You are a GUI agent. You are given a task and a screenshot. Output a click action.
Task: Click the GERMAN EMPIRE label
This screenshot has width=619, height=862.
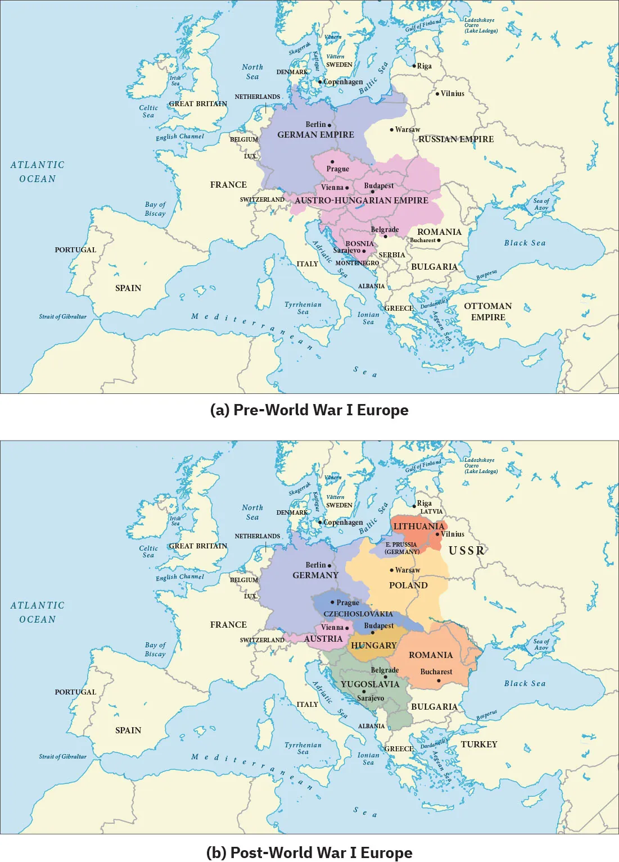tap(315, 135)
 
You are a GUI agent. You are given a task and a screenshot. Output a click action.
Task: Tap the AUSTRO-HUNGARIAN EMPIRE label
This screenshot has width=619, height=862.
tap(362, 201)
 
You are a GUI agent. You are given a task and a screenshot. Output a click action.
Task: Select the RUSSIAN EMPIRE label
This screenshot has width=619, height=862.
tap(456, 139)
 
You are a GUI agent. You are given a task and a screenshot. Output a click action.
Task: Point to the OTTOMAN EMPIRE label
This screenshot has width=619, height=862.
tap(488, 312)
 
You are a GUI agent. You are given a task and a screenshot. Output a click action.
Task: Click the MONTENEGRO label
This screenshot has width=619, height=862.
tap(357, 263)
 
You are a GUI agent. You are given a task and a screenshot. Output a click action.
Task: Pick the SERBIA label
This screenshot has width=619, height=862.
tap(392, 255)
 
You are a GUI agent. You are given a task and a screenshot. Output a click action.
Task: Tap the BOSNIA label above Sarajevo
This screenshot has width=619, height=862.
tap(359, 244)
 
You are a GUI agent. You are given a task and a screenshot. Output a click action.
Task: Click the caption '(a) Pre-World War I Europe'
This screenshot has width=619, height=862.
tap(309, 410)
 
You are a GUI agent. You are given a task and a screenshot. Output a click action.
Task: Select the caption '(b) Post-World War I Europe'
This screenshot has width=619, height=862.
tap(309, 852)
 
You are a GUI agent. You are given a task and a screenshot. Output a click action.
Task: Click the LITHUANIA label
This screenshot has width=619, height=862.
tap(419, 527)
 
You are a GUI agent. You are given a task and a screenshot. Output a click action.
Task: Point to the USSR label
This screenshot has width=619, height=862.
tap(466, 551)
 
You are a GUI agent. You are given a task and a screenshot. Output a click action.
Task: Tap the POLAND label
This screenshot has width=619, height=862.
tap(408, 586)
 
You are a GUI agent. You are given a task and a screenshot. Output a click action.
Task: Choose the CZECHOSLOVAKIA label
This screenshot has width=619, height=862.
tap(358, 614)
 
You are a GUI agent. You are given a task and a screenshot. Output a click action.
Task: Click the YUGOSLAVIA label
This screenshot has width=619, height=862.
tap(370, 684)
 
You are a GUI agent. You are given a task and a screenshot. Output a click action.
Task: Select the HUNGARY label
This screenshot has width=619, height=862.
tap(374, 646)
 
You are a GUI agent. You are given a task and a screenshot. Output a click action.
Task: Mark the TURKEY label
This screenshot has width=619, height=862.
tap(479, 745)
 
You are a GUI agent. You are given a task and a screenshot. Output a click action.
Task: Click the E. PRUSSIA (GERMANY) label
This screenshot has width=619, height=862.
tap(401, 548)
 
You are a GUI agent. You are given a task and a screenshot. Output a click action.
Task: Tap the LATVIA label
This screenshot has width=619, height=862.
tap(431, 511)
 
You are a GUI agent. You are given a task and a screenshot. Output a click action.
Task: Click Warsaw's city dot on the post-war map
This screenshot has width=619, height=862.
tap(392, 570)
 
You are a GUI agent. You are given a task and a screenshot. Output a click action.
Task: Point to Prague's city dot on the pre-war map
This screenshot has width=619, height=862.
tap(332, 162)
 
